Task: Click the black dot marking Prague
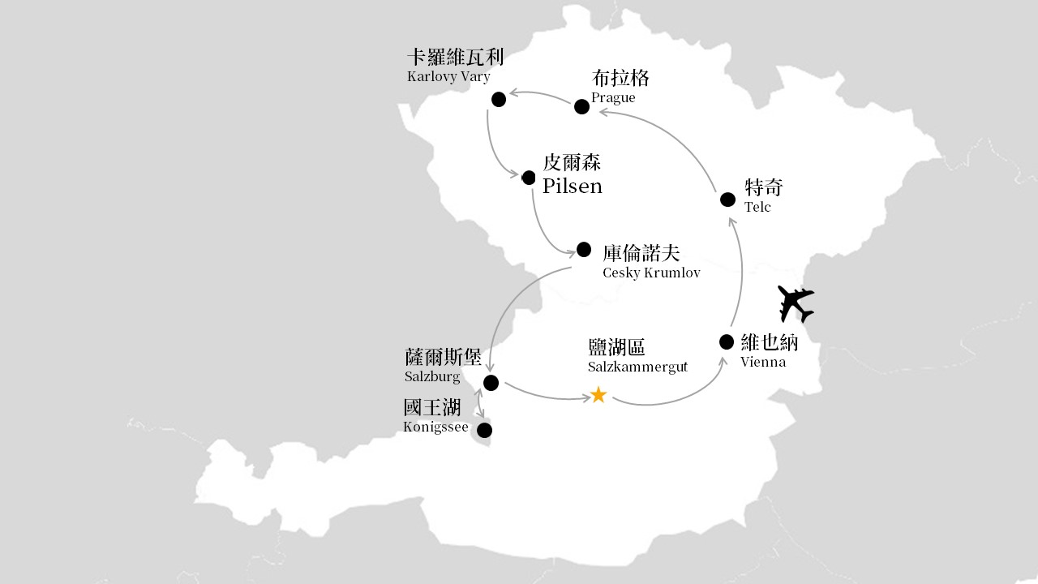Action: [581, 106]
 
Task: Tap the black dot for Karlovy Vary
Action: [499, 99]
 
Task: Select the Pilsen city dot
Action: [529, 178]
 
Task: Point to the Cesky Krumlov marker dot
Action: [584, 249]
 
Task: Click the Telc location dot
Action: [728, 200]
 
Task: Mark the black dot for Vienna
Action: [727, 341]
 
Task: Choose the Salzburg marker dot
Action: [491, 383]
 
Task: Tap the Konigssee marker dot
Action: [484, 430]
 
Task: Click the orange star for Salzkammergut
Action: [598, 395]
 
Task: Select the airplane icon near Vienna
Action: [796, 303]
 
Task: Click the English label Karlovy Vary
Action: [448, 77]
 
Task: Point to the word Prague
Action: [613, 98]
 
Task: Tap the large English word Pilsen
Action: [573, 187]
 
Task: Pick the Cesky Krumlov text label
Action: [651, 273]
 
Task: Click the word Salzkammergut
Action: [637, 367]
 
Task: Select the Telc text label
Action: [757, 208]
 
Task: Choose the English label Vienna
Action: [763, 362]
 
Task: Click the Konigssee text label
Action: [435, 427]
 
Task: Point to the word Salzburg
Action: [432, 377]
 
